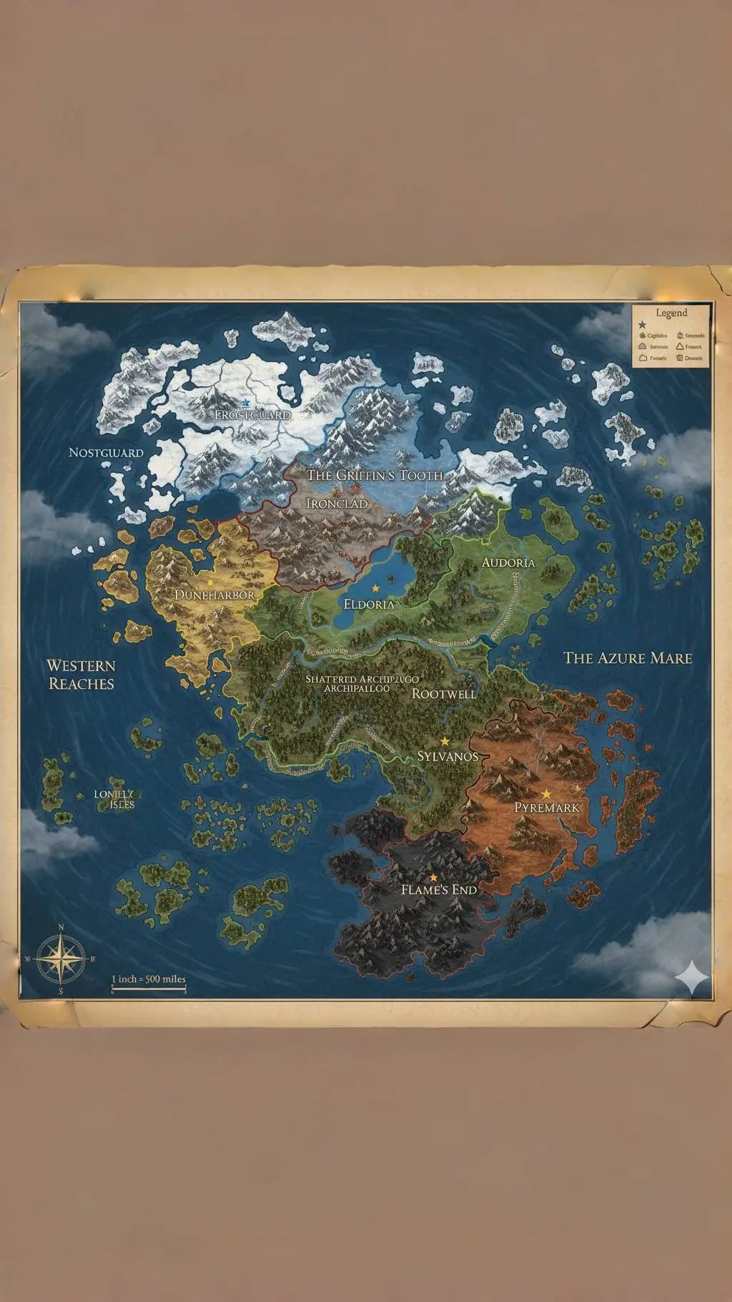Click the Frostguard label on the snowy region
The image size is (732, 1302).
point(253,415)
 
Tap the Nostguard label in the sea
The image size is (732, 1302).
point(106,453)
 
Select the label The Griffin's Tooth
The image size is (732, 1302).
point(375,475)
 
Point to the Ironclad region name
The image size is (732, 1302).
point(337,504)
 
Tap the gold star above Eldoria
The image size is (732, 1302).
point(375,588)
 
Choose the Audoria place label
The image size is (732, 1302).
point(508,562)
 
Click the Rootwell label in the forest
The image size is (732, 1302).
point(444,693)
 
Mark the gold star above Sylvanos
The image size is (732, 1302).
point(445,741)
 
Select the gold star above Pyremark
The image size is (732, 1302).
point(546,794)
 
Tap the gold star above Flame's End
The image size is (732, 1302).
point(433,877)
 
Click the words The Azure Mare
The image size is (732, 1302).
point(628,657)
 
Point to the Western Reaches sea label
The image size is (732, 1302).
point(81,675)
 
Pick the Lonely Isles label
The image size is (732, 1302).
point(114,799)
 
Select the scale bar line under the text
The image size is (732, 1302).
point(149,991)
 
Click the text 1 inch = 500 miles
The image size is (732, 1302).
point(149,979)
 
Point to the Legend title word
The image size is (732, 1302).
point(671,313)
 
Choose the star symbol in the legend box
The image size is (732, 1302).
point(642,325)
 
